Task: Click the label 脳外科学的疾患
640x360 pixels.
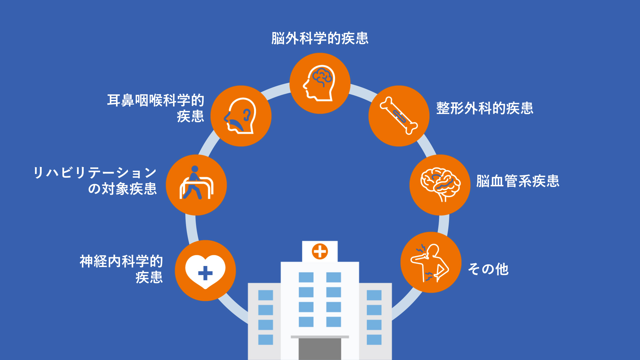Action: (320, 38)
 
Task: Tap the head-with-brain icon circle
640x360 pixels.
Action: (320, 83)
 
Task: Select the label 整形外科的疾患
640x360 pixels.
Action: (485, 108)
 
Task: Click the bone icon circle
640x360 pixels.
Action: (399, 116)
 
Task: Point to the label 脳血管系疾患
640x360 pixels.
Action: (518, 181)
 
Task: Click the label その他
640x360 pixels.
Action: (488, 269)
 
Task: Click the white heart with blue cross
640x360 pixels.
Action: (205, 271)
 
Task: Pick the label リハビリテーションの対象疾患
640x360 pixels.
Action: (95, 181)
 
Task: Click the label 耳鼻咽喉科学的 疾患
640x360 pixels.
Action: (155, 108)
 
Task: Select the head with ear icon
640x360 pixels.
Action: (241, 116)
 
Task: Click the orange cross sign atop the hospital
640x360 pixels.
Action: (320, 251)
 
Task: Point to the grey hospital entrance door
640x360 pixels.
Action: (320, 349)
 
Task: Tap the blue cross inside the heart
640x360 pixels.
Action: (205, 273)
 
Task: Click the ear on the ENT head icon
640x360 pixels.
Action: (247, 115)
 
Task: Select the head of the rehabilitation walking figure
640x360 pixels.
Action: (195, 169)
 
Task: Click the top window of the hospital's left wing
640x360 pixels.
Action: (266, 295)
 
